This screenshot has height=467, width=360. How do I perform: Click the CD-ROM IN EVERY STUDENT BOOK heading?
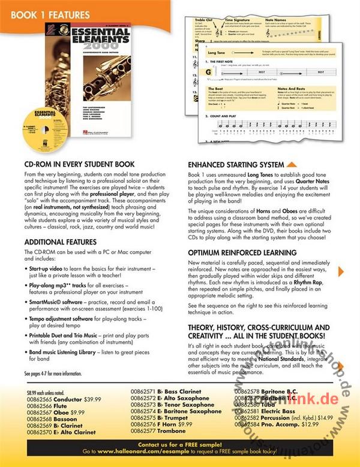(83, 163)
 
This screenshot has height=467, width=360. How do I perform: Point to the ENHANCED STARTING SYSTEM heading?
(236, 164)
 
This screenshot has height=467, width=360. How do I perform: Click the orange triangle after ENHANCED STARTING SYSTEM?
(291, 163)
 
